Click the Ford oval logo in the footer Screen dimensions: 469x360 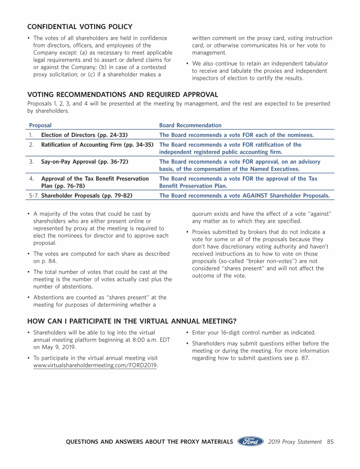tap(250, 441)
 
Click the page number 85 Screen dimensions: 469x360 tap(330, 442)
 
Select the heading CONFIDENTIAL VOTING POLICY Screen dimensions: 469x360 tap(80, 27)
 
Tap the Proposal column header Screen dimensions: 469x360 tap(40, 125)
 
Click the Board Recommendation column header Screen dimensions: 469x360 tap(190, 125)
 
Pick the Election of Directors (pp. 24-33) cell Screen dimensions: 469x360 tap(84, 135)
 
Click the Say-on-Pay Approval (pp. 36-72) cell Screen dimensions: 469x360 tap(85, 162)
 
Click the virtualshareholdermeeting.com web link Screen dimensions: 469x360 tap(96, 365)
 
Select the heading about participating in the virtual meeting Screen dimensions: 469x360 tap(132, 321)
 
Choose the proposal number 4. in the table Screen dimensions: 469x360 tap(31, 179)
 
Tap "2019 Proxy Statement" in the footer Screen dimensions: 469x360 tap(295, 442)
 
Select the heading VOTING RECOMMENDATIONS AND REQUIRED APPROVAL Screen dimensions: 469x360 tap(123, 95)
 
